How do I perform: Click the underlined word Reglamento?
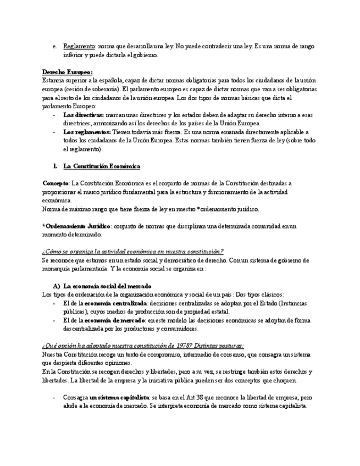(x=79, y=47)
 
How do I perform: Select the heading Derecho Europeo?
(x=68, y=72)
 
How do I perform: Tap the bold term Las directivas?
(x=84, y=115)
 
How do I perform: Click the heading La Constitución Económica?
(x=102, y=166)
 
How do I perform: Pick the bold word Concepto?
(x=56, y=183)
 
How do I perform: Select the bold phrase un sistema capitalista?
(x=119, y=397)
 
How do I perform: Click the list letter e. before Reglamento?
(x=54, y=47)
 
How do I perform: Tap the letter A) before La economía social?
(x=56, y=286)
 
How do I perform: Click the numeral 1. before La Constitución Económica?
(x=55, y=166)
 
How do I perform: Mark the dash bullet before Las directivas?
(x=53, y=115)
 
